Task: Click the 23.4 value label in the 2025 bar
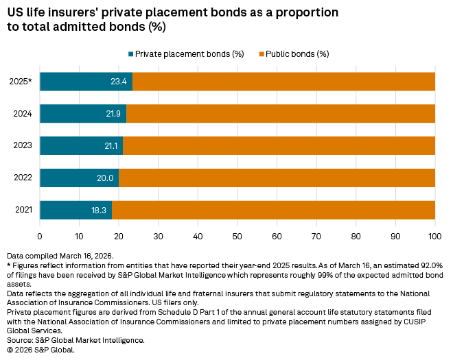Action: tap(119, 82)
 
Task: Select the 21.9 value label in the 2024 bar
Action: tap(113, 113)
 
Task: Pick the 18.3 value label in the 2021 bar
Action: tap(100, 210)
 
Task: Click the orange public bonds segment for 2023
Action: tap(279, 145)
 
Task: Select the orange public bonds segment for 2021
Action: tap(273, 210)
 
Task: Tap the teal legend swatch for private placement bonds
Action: tap(130, 53)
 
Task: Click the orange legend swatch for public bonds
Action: tap(261, 53)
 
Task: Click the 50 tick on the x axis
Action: tap(237, 235)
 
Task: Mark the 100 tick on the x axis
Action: tap(434, 235)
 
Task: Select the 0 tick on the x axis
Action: tap(40, 235)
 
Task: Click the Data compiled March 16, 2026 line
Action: tap(54, 255)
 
